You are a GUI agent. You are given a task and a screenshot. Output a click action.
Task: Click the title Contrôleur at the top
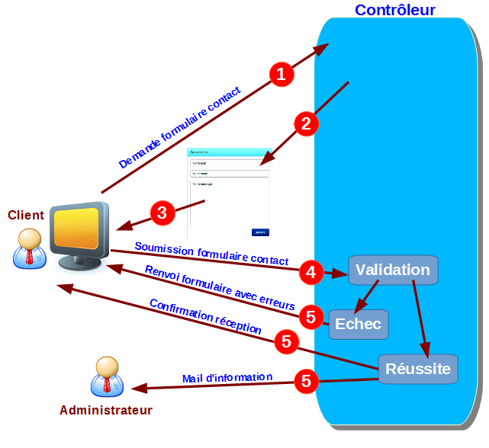click(394, 10)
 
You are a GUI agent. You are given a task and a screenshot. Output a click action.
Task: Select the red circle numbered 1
click(281, 74)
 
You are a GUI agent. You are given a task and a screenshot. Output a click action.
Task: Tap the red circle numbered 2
click(305, 124)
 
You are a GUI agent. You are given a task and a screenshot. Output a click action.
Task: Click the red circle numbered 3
click(161, 213)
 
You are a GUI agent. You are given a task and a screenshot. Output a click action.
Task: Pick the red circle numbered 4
click(310, 271)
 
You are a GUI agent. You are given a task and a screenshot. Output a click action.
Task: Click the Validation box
click(393, 270)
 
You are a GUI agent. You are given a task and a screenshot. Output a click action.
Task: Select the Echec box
click(359, 324)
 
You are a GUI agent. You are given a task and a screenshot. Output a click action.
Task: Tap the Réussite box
click(417, 369)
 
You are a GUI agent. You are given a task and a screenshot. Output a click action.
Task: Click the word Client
click(26, 215)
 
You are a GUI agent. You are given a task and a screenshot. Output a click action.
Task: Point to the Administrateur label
click(106, 411)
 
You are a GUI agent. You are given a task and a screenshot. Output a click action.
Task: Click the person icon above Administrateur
click(107, 376)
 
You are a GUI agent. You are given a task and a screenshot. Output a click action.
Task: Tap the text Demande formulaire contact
click(180, 128)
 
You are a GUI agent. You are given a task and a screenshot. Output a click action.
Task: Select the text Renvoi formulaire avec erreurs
click(220, 287)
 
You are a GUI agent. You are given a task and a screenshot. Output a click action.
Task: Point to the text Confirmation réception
click(206, 316)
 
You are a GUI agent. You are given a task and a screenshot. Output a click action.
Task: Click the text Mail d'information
click(227, 378)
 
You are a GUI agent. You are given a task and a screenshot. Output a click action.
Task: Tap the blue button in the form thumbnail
click(260, 232)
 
